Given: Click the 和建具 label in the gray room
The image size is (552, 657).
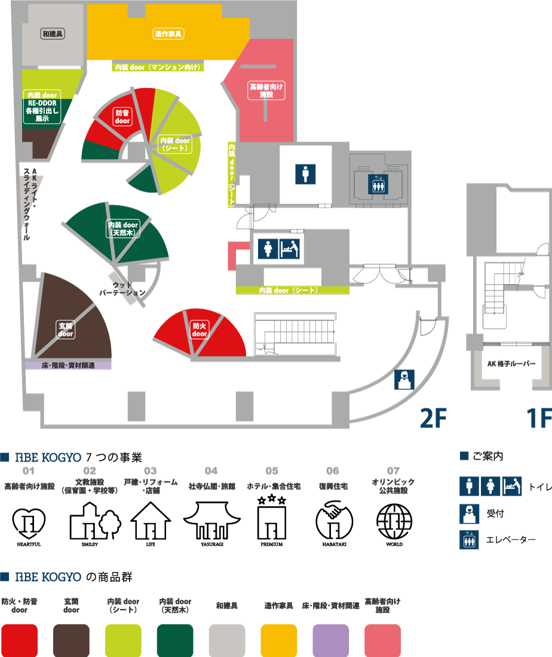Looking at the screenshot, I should (53, 34).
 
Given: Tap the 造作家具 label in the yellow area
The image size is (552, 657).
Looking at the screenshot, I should (168, 34).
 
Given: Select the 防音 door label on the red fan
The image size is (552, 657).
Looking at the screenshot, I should (122, 116).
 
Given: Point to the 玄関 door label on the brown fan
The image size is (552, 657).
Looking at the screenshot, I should (66, 330).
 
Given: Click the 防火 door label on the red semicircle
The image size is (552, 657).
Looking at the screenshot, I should (200, 330).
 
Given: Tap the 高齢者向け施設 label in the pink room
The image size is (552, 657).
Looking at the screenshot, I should (266, 90).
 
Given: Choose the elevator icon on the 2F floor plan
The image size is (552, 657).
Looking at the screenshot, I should (378, 183).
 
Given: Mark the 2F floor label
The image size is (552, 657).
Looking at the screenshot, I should (433, 419).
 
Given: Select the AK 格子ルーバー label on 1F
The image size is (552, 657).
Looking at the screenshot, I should (511, 363).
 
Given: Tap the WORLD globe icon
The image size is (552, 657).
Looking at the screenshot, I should (394, 522).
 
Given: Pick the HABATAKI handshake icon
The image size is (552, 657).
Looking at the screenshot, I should (333, 522).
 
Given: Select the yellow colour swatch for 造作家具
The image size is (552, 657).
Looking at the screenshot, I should (278, 640).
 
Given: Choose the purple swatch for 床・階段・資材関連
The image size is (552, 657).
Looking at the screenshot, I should (330, 640).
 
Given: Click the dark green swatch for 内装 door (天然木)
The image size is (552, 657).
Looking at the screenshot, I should (175, 640).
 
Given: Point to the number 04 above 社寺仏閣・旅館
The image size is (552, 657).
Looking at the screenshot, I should (211, 471).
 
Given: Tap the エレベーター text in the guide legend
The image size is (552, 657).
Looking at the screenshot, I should (511, 540).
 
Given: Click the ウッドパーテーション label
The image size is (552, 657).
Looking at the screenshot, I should (122, 289).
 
